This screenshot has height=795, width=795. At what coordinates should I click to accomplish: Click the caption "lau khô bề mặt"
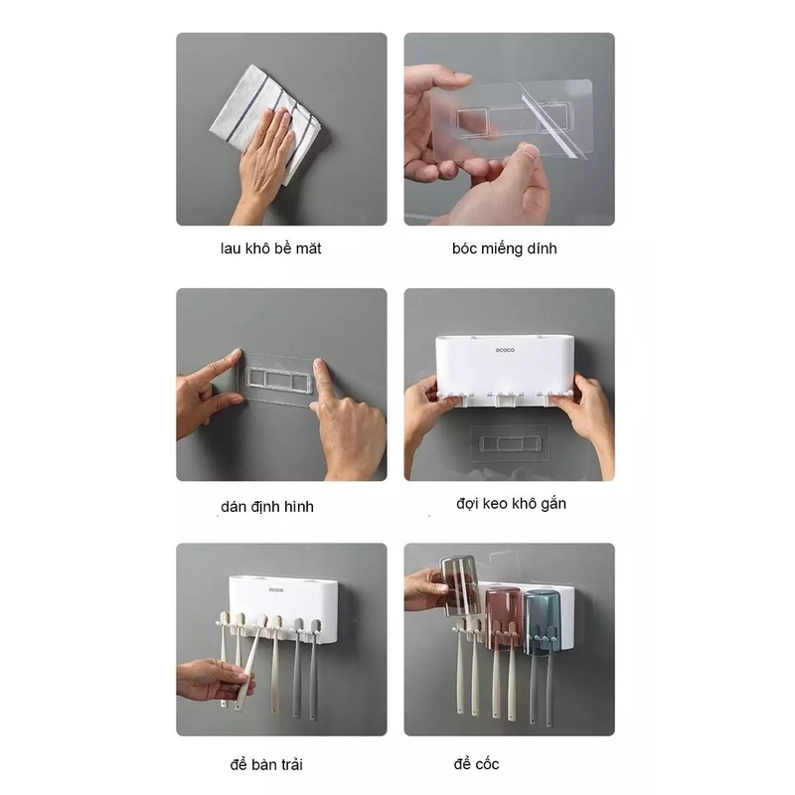tap(270, 248)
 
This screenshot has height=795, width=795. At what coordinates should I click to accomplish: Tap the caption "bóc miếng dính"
tap(505, 248)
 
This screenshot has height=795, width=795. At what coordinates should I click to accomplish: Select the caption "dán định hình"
tap(267, 507)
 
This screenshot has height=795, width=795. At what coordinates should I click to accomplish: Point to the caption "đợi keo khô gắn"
tap(511, 504)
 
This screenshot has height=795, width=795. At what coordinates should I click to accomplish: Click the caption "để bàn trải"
tap(266, 764)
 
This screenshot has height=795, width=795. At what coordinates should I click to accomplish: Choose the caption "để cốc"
tap(476, 764)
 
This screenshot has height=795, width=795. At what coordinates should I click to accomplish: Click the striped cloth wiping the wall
tap(265, 124)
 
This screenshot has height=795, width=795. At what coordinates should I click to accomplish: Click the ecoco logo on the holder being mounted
tap(505, 350)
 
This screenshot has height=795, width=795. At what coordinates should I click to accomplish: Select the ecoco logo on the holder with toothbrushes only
tap(276, 589)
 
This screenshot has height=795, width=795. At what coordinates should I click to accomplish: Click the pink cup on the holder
tap(504, 618)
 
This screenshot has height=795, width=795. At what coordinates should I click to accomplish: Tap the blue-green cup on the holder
tap(542, 622)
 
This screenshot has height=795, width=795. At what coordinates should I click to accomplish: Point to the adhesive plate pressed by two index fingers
tap(278, 380)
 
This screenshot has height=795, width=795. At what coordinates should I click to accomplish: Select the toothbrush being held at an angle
tap(251, 662)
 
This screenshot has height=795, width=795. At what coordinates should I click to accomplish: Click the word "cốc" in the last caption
tap(487, 764)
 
